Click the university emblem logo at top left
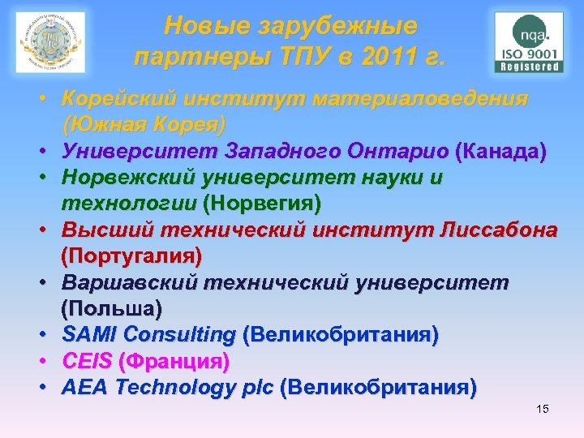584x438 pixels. tap(50, 42)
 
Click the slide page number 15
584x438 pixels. tap(542, 409)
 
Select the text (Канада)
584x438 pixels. tap(500, 151)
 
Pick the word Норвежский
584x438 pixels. tap(134, 177)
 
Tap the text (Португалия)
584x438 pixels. tap(131, 255)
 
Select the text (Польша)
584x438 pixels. tap(111, 308)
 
